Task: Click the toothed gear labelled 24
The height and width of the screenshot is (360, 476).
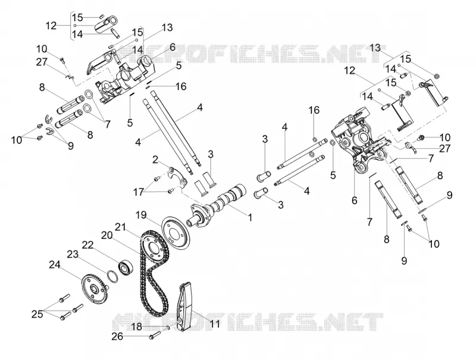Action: pyautogui.click(x=94, y=287)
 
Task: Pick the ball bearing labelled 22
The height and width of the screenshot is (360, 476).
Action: pyautogui.click(x=126, y=267)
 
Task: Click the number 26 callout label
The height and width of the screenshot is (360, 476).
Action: pyautogui.click(x=117, y=336)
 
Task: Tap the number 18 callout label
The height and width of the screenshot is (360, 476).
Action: pyautogui.click(x=137, y=327)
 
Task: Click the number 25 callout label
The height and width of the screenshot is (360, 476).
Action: pyautogui.click(x=37, y=314)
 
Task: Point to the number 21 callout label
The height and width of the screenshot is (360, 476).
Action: pyautogui.click(x=121, y=227)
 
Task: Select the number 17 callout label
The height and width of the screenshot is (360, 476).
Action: pyautogui.click(x=138, y=192)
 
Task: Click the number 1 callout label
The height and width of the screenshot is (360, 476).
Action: pyautogui.click(x=250, y=217)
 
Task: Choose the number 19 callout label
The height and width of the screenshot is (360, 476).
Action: pyautogui.click(x=141, y=215)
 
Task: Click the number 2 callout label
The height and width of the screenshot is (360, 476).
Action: pyautogui.click(x=155, y=159)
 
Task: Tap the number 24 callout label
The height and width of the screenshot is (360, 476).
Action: pyautogui.click(x=55, y=265)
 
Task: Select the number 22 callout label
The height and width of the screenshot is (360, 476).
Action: pyautogui.click(x=87, y=246)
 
